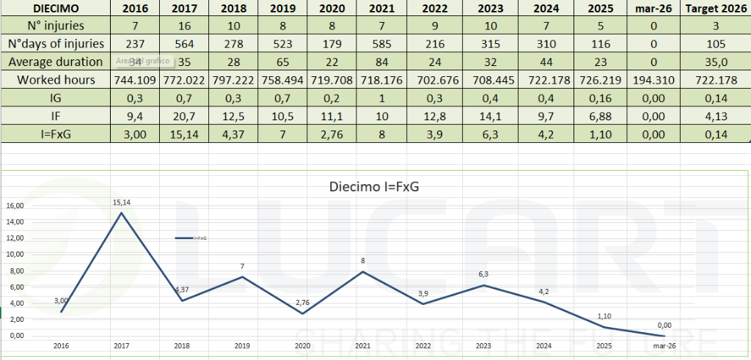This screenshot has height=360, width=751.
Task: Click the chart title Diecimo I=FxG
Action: [375, 186]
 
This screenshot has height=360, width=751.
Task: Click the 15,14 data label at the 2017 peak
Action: [121, 202]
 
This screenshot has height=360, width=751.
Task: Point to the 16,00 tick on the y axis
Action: [14, 206]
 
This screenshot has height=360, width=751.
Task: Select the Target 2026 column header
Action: [716, 9]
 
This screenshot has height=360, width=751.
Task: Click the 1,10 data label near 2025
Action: [605, 316]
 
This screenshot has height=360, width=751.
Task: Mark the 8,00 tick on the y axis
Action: [14, 271]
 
